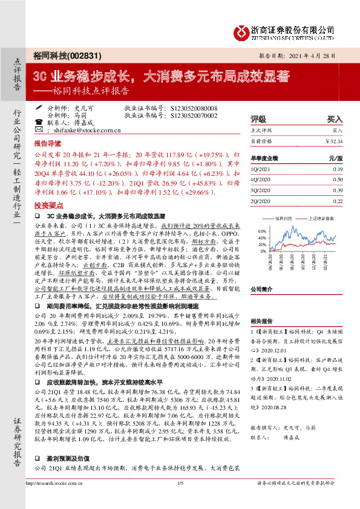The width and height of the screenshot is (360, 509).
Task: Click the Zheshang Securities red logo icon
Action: pyautogui.click(x=241, y=32)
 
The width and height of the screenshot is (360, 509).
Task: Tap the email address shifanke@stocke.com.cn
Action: pyautogui.click(x=88, y=129)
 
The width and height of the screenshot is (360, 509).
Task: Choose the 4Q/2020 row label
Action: pyautogui.click(x=261, y=180)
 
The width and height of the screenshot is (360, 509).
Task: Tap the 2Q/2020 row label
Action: pyautogui.click(x=261, y=201)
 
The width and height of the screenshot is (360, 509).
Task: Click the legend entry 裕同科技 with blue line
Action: pyautogui.click(x=283, y=218)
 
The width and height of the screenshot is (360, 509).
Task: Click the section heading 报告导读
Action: pyautogui.click(x=47, y=145)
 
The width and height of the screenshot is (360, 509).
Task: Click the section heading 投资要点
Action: pyautogui.click(x=47, y=206)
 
